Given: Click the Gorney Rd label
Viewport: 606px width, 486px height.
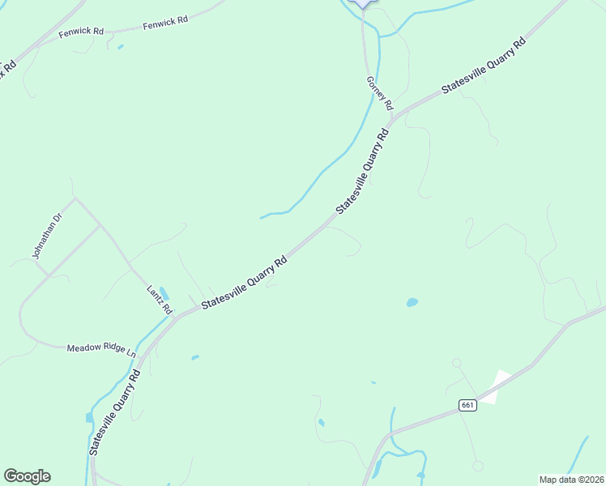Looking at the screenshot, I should tap(379, 93).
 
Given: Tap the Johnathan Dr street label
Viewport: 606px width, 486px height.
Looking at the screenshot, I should tap(46, 236).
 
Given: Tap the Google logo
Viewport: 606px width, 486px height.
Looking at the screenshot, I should tap(28, 476).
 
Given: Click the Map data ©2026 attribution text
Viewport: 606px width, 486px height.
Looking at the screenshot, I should tap(570, 480).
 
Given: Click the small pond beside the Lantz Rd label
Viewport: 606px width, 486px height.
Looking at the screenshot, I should tap(164, 292).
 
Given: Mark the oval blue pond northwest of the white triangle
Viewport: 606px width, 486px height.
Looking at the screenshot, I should tap(412, 303).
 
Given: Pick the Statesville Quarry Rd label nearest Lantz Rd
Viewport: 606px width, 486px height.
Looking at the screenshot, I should tap(244, 283).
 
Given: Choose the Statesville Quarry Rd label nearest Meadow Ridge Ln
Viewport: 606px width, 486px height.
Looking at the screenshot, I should tap(114, 412).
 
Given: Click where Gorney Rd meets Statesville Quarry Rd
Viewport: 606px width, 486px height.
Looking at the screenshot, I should tap(392, 120).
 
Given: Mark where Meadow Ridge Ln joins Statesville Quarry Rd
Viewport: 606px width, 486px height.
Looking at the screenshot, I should tap(139, 356).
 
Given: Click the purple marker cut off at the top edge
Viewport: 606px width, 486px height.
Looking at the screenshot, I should tap(364, 2).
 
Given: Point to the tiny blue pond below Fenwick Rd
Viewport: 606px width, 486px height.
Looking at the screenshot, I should tap(121, 47).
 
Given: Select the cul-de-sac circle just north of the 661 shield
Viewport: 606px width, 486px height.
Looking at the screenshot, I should tap(456, 363).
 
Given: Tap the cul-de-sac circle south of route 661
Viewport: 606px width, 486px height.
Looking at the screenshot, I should tap(478, 466).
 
